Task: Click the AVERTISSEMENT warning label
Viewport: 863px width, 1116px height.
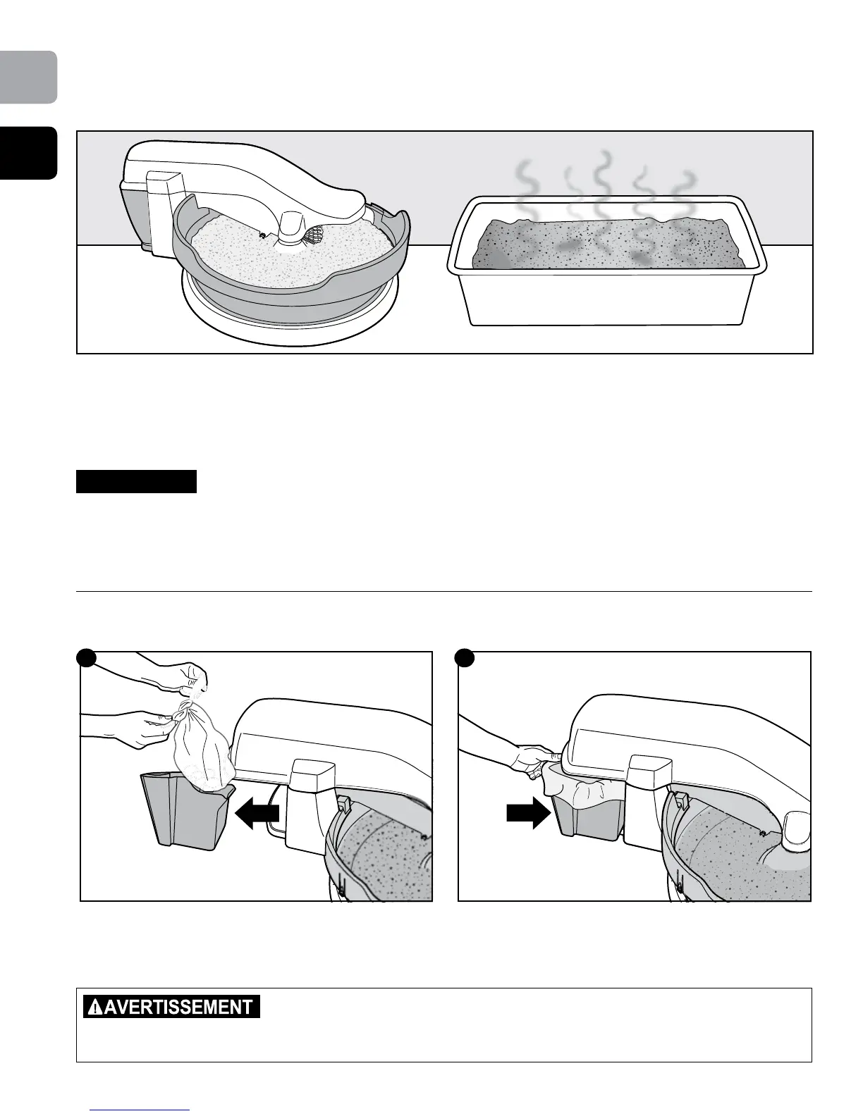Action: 171,1006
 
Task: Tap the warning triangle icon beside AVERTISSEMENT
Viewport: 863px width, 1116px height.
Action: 93,1008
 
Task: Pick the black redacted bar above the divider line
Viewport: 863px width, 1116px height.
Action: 136,482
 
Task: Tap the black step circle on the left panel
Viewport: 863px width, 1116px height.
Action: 86,657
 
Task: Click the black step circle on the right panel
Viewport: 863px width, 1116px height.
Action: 464,657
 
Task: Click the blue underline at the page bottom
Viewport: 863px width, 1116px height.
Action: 141,1110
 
